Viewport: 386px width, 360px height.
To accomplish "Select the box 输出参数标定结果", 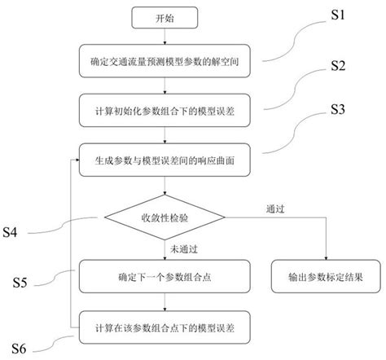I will click(x=325, y=277).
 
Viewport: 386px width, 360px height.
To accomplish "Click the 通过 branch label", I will click(x=275, y=209).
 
